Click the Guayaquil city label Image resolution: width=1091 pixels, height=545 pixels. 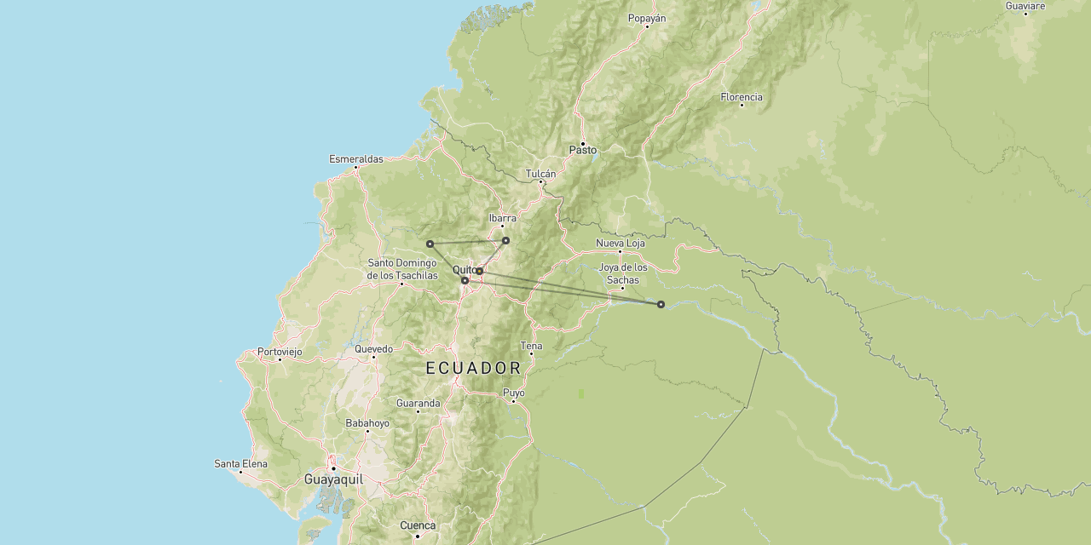333,479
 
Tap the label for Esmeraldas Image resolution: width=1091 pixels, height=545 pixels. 356,159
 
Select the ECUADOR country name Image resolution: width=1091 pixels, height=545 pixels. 474,368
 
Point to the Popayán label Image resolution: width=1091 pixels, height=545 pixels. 647,18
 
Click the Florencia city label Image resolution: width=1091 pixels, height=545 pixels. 742,97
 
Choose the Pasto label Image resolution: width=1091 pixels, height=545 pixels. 583,151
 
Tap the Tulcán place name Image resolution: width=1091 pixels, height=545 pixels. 540,174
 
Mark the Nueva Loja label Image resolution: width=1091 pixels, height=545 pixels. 621,244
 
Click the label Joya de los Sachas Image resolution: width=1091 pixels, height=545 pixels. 623,273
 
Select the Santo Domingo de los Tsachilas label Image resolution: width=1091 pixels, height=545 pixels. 402,269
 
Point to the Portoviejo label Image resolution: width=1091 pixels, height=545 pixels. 280,352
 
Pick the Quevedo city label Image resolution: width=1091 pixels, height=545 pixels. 374,349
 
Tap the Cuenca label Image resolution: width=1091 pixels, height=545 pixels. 418,525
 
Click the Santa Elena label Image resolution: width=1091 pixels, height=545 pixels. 241,464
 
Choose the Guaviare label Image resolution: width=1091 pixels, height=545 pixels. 1025,6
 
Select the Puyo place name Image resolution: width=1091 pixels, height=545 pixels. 514,393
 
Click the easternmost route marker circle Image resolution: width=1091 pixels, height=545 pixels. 661,304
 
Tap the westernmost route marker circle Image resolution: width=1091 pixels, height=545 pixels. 430,244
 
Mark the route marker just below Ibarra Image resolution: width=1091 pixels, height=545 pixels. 505,240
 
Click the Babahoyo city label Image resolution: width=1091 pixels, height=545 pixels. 367,423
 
